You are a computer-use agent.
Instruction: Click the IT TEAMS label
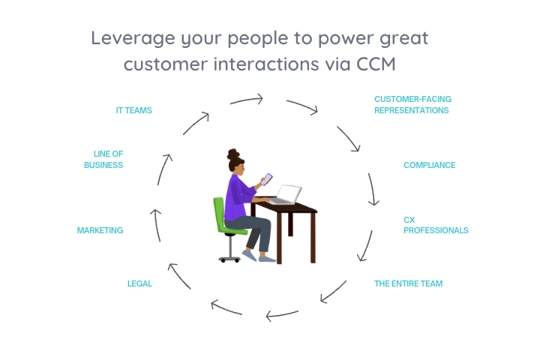[133, 110]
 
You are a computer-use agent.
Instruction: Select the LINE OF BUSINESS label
[103, 160]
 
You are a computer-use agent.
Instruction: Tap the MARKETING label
[100, 230]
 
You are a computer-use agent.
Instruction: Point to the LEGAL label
[139, 283]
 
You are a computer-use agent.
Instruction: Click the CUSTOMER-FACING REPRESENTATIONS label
[412, 104]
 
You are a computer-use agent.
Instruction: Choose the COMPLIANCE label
[429, 165]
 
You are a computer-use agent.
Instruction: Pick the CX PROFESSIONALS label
[435, 225]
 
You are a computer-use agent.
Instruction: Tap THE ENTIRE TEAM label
[408, 283]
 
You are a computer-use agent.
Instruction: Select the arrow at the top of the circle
[246, 100]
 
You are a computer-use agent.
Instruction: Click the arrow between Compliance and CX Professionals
[372, 190]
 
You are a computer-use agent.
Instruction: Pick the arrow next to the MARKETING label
[155, 225]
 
